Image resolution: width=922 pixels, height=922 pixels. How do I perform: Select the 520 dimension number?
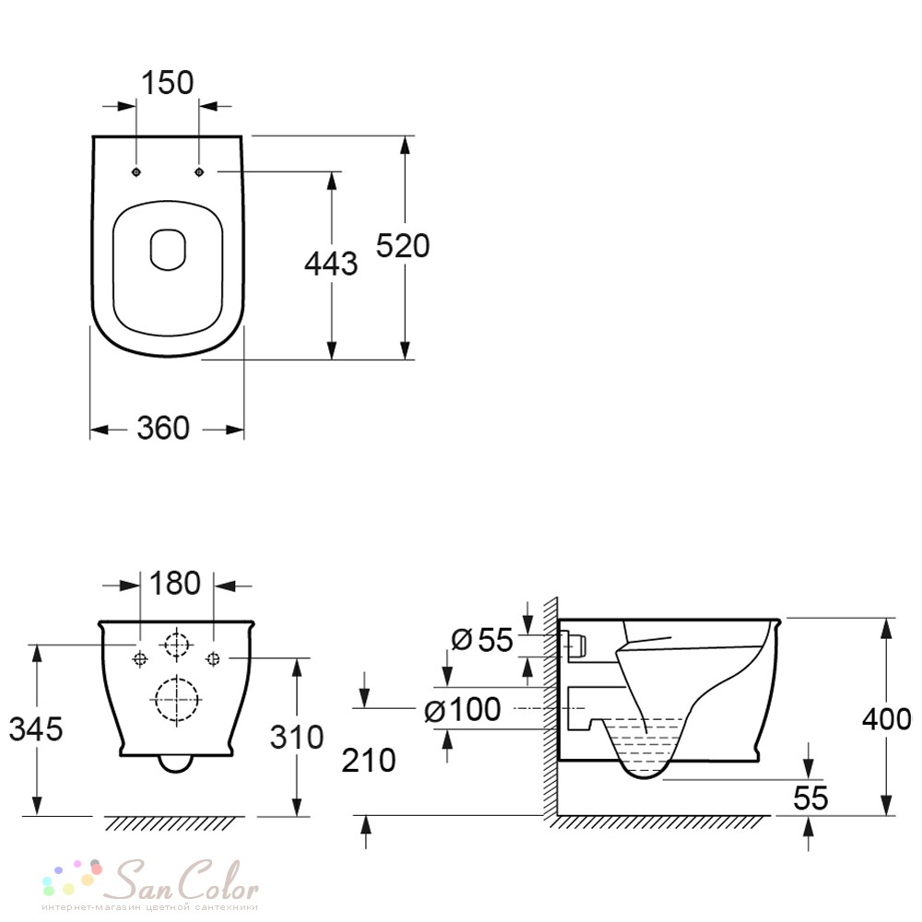click(403, 245)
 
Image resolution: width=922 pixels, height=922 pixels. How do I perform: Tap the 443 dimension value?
click(331, 263)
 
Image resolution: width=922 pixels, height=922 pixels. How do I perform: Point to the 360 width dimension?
click(163, 428)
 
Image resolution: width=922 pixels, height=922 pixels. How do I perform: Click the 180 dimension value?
click(175, 583)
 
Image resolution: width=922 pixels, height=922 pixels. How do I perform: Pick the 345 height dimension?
click(36, 729)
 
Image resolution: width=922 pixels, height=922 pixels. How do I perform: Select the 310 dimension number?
click(297, 737)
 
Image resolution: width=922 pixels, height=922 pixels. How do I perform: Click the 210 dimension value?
click(369, 761)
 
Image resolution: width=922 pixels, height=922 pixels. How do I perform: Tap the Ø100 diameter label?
click(462, 709)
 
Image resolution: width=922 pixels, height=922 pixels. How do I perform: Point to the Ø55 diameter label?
click(482, 639)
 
